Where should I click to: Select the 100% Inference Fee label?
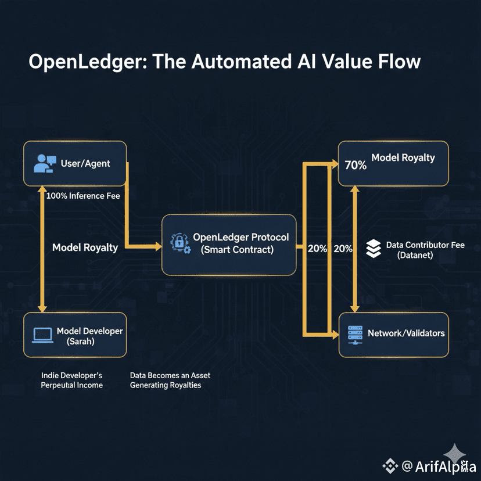pyautogui.click(x=83, y=196)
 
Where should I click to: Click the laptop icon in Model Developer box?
pyautogui.click(x=42, y=335)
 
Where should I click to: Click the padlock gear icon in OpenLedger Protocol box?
pyautogui.click(x=179, y=243)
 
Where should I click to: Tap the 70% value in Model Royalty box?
pyautogui.click(x=355, y=165)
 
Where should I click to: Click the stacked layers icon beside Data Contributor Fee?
pyautogui.click(x=373, y=249)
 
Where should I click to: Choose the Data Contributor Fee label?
pyautogui.click(x=425, y=245)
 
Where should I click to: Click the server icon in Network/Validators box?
pyautogui.click(x=354, y=333)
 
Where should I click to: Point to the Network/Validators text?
pyautogui.click(x=406, y=333)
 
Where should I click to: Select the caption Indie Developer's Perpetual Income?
pyautogui.click(x=71, y=381)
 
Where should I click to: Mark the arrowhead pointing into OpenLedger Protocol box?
pyautogui.click(x=159, y=246)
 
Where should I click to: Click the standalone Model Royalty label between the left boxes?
pyautogui.click(x=85, y=247)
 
